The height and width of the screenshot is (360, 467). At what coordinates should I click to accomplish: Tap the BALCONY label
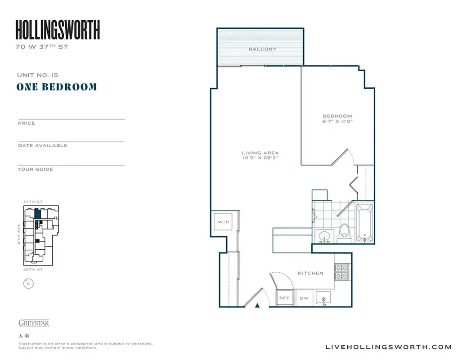pos(262,49)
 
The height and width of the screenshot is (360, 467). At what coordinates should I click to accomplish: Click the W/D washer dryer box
pos(224,222)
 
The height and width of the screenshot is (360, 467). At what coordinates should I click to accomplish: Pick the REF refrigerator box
pos(284,298)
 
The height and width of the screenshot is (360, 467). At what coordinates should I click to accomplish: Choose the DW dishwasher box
pos(304,298)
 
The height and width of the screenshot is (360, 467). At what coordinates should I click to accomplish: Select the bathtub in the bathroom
pos(364,223)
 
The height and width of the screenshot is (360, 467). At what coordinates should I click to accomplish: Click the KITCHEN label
pos(310,273)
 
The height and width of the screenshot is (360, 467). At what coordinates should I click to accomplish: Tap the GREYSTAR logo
pos(34,323)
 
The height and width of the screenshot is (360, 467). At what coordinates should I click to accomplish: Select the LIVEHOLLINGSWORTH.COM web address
pos(388,346)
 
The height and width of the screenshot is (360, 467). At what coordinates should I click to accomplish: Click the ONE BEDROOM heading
pos(57,87)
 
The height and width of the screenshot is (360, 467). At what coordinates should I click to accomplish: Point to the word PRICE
pos(27,123)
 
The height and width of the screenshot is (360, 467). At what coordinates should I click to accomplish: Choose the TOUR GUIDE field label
pos(36,169)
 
